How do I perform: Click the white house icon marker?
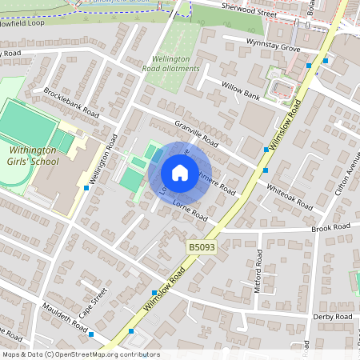pos(180,173)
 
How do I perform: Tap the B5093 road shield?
pos(203,249)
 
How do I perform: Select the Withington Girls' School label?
pos(34,155)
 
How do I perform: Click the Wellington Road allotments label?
pos(171,64)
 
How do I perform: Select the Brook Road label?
pos(331,228)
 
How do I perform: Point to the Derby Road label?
pos(331,317)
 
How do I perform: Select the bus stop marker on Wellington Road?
pos(86,187)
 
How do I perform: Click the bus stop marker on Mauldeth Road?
pos(92,334)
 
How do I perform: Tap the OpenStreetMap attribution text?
pos(81,354)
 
